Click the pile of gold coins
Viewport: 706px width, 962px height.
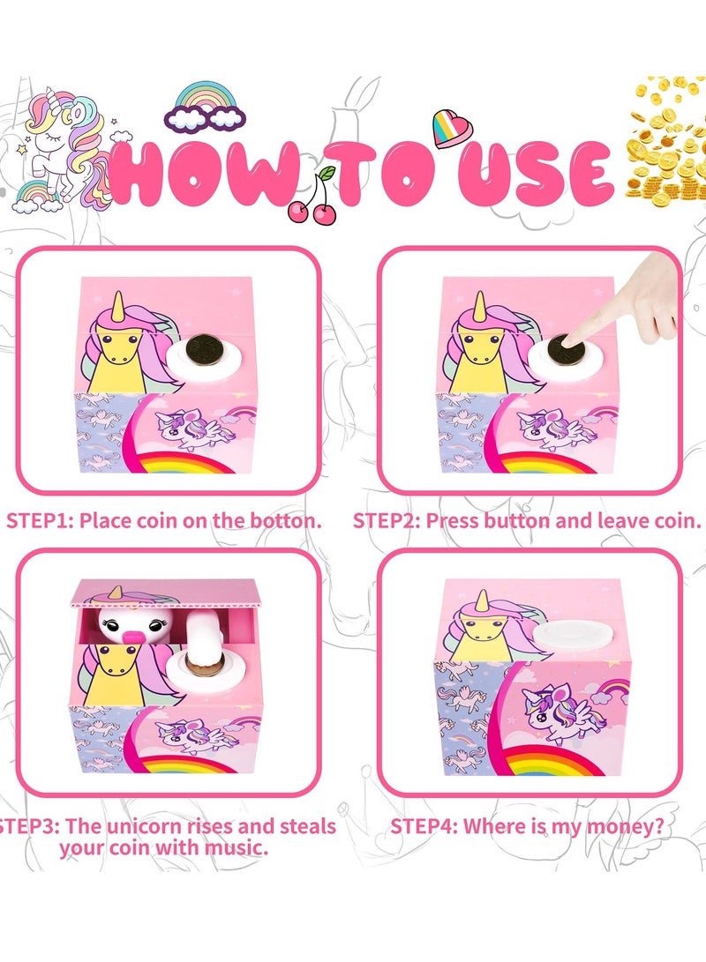pyautogui.click(x=664, y=141)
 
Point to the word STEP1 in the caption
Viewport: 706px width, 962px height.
pyautogui.click(x=40, y=520)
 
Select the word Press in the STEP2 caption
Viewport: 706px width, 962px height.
pyautogui.click(x=453, y=520)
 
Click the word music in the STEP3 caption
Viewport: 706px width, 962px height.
pyautogui.click(x=235, y=848)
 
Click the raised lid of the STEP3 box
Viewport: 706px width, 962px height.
pyautogui.click(x=168, y=596)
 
